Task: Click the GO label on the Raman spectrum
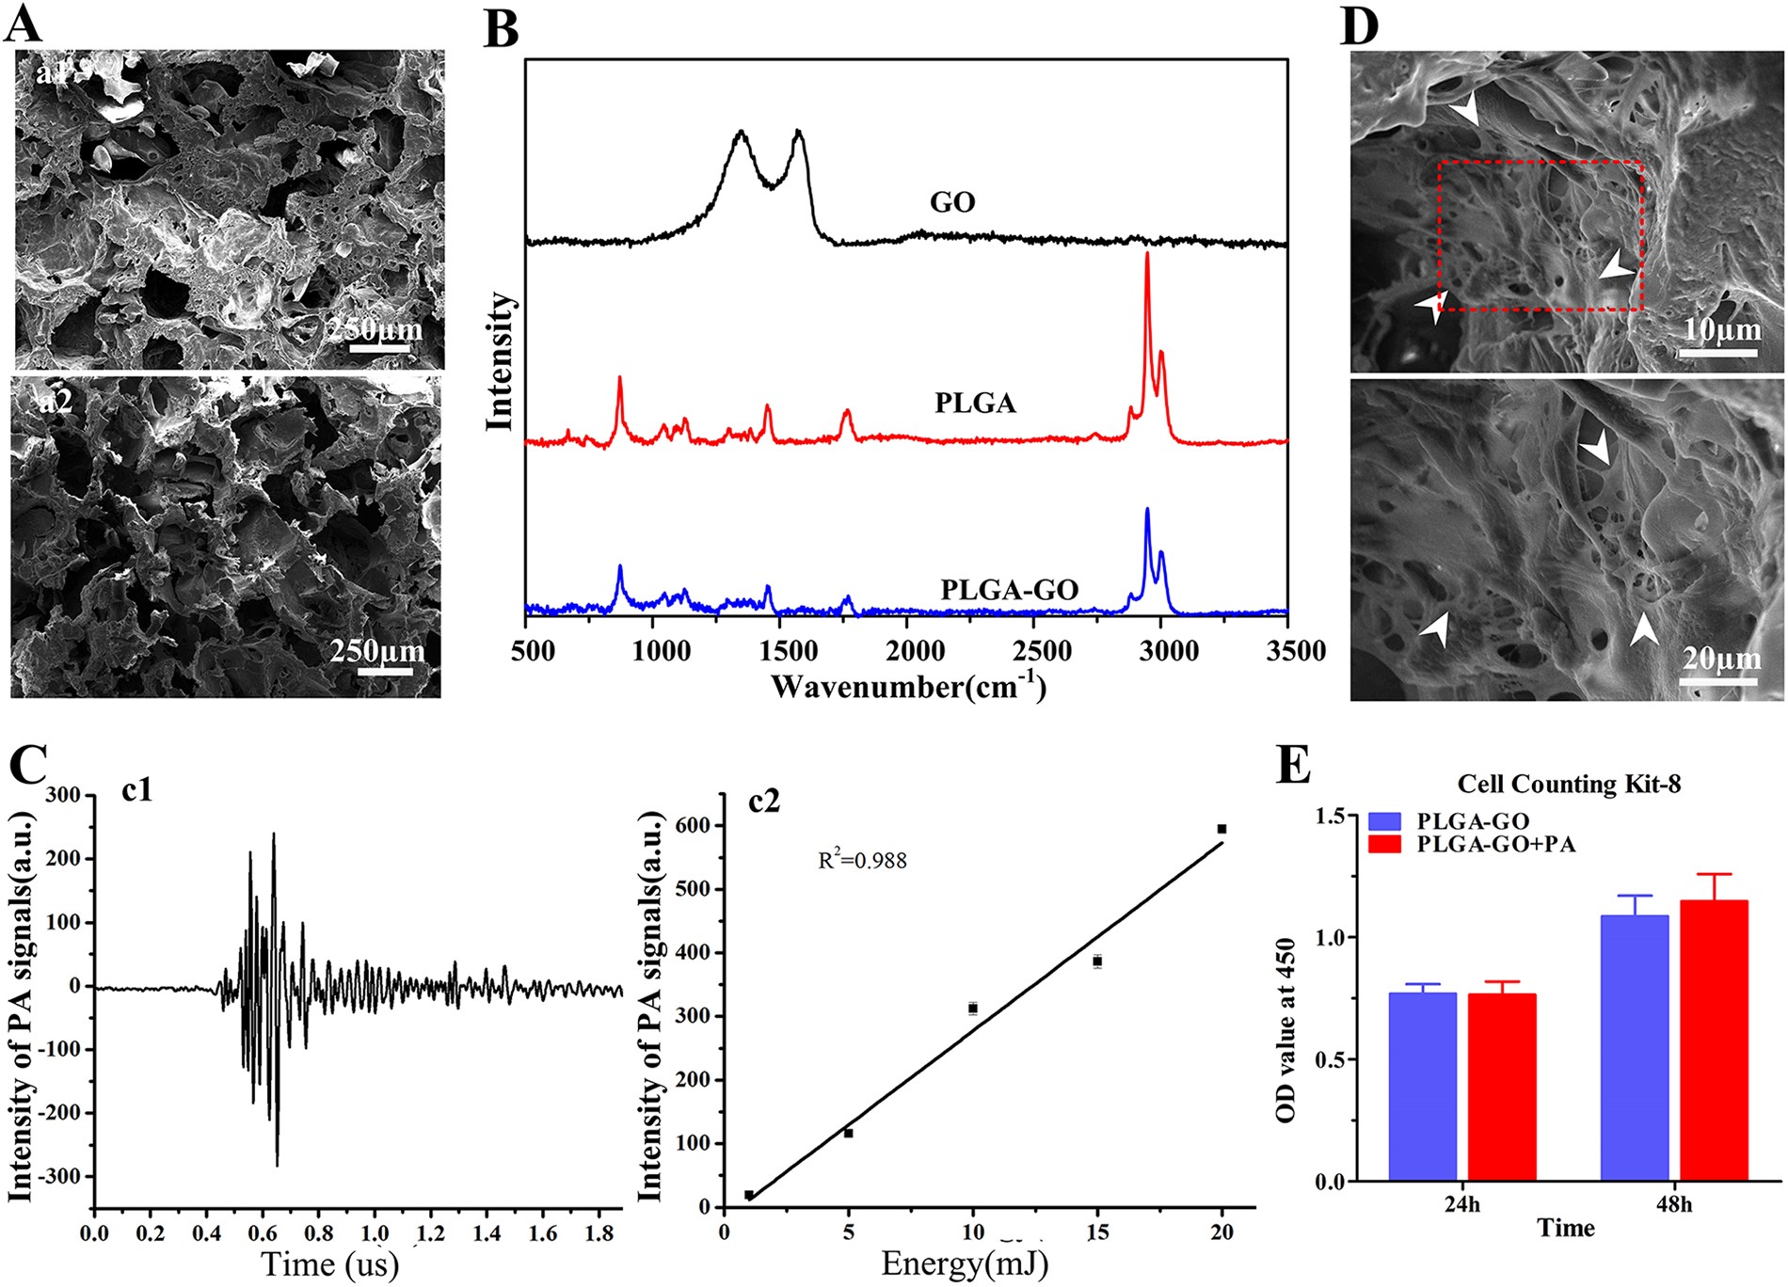(x=951, y=202)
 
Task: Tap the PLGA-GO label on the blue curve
(x=1009, y=590)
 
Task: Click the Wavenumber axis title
(x=907, y=687)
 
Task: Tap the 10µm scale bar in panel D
(x=1718, y=352)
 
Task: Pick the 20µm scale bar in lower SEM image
(x=1719, y=679)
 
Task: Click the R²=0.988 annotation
(x=862, y=860)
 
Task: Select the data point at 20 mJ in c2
(x=1221, y=829)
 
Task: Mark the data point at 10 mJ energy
(x=972, y=1009)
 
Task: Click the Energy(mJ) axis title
(x=964, y=1263)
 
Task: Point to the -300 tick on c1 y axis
(x=64, y=1177)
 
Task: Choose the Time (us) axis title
(x=329, y=1263)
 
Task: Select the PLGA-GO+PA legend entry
(x=1495, y=844)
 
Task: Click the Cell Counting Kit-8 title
(x=1568, y=784)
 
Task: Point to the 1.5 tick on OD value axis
(x=1336, y=816)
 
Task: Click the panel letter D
(x=1359, y=25)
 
